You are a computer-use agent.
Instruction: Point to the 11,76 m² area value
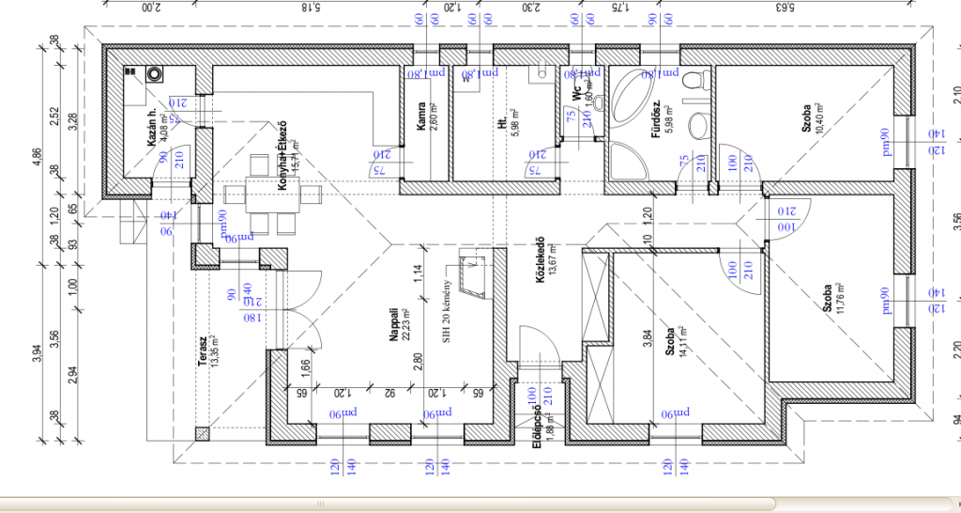tap(841, 298)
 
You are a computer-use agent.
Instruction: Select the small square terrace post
tap(201, 433)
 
